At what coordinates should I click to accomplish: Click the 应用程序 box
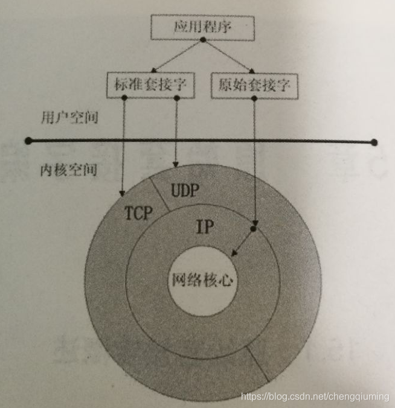coord(202,27)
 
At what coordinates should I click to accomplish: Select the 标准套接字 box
coord(150,85)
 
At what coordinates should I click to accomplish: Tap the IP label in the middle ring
coord(205,227)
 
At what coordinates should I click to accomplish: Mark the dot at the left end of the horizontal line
coord(28,141)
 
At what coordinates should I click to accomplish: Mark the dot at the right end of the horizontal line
coord(374,142)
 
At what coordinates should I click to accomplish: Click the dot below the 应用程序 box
coord(203,40)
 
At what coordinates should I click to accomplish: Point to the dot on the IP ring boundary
coord(254,229)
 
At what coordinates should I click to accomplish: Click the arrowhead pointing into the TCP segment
coord(122,193)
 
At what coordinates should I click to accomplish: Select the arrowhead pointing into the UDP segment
coord(175,165)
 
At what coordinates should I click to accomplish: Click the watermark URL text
coord(315,397)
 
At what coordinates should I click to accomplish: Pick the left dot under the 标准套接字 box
coord(123,97)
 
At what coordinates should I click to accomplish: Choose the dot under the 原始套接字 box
coord(254,97)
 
